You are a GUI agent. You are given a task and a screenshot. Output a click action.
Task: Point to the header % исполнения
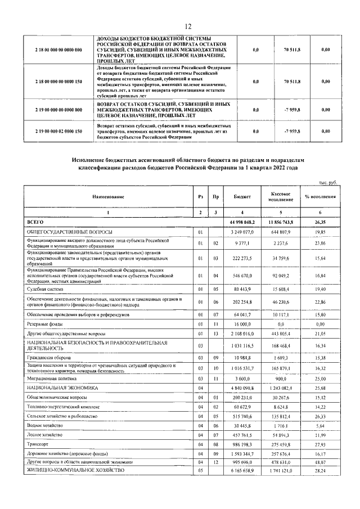pyautogui.click(x=320, y=197)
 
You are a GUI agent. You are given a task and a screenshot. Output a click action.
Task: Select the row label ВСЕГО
pyautogui.click(x=35, y=223)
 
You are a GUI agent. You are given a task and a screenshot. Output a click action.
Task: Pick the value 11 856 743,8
pyautogui.click(x=280, y=223)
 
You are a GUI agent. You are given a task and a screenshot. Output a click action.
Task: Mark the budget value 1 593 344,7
pyautogui.click(x=241, y=453)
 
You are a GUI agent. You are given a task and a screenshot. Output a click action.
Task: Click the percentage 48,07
pyautogui.click(x=320, y=462)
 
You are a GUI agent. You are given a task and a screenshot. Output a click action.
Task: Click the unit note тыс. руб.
pyautogui.click(x=325, y=182)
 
